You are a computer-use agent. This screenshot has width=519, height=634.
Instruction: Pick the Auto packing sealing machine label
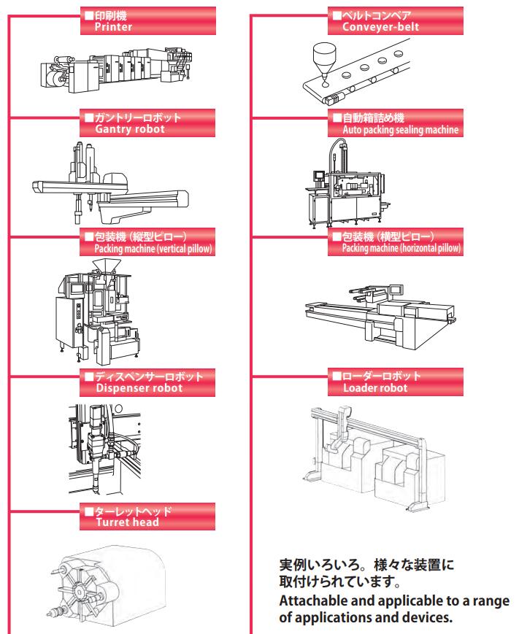click(x=394, y=123)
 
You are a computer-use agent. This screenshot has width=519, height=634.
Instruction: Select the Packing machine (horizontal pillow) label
click(x=394, y=243)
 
